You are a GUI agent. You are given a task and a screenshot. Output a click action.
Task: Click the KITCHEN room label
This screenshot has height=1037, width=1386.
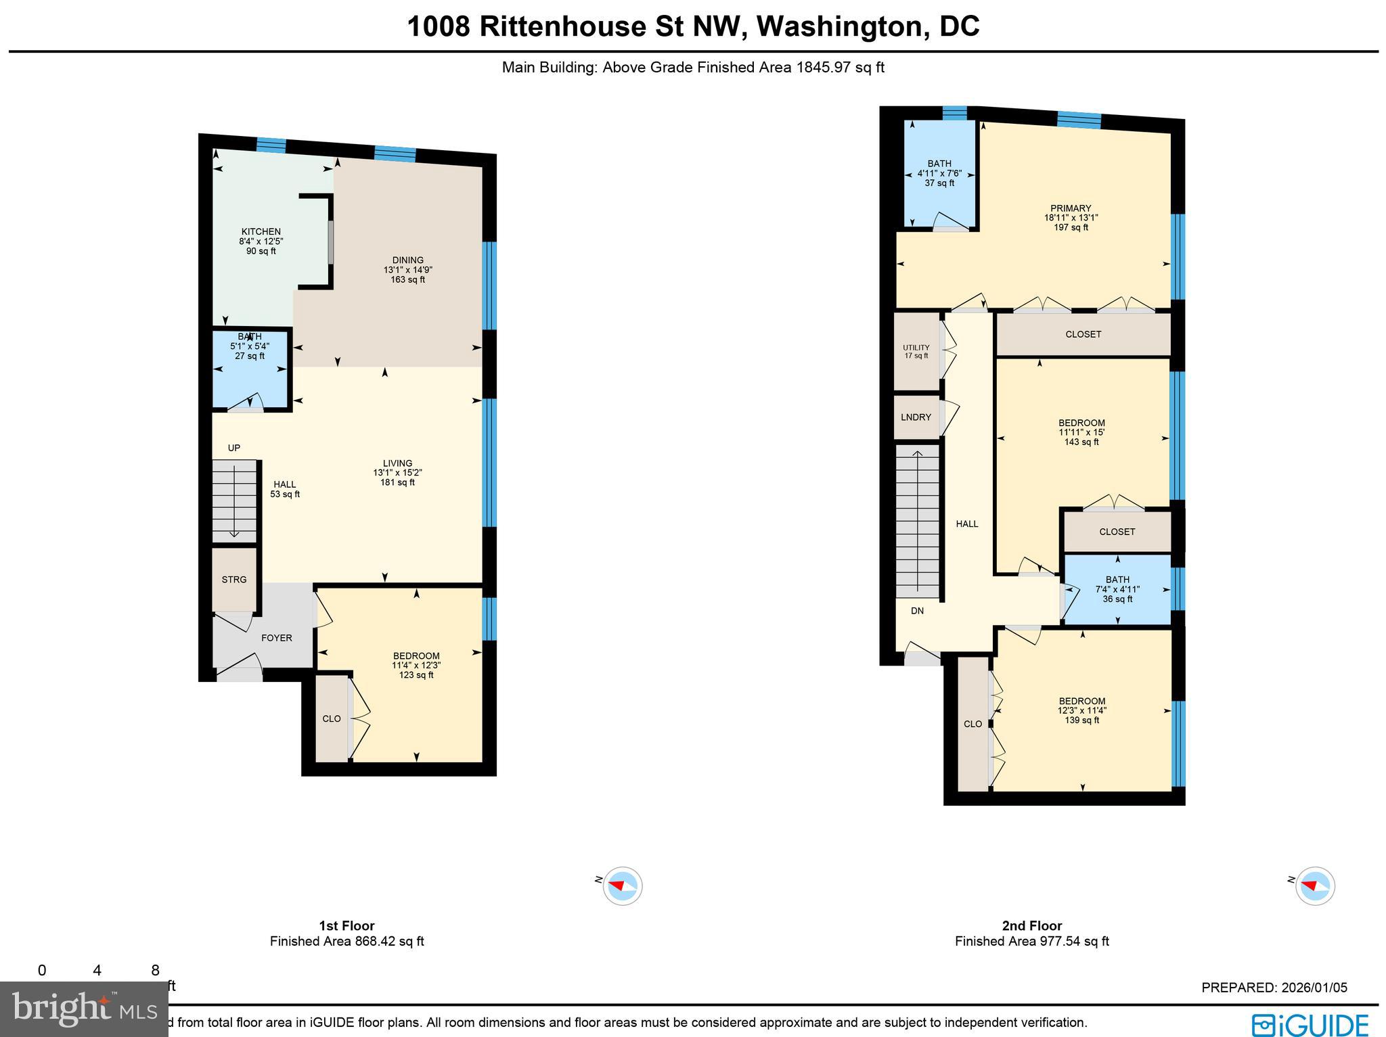261,232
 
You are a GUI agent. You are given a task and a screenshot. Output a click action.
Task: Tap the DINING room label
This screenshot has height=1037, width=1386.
407,260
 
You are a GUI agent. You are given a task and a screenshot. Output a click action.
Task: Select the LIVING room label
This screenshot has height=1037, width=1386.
397,464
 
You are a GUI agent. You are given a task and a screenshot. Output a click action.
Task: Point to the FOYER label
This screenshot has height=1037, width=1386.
276,638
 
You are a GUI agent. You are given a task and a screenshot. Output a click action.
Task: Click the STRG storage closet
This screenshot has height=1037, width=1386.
234,580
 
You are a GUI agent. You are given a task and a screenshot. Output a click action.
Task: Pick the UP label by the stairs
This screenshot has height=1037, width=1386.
234,448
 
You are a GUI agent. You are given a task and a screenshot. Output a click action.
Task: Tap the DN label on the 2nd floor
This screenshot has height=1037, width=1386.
917,611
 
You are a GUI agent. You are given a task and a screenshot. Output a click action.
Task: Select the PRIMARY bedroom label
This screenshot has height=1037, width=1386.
1071,208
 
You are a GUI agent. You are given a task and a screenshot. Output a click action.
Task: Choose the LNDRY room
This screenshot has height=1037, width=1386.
916,417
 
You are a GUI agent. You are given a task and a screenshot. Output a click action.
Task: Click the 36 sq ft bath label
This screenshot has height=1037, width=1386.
1117,589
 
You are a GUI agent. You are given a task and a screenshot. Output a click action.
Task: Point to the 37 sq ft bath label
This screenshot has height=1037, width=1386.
939,173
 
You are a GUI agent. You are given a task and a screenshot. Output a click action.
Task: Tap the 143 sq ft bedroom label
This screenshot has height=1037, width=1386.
1081,432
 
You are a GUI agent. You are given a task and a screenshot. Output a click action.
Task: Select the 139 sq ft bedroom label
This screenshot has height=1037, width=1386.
1082,711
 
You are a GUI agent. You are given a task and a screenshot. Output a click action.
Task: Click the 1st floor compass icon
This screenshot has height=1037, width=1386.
623,885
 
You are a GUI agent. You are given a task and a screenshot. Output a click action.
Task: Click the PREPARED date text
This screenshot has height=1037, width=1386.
1274,988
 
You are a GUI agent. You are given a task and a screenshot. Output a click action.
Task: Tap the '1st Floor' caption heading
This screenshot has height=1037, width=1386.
346,926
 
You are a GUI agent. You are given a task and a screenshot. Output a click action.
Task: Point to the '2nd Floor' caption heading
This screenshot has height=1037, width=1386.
1031,926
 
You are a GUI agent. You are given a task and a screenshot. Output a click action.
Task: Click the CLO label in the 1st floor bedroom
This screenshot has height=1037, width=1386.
332,718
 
